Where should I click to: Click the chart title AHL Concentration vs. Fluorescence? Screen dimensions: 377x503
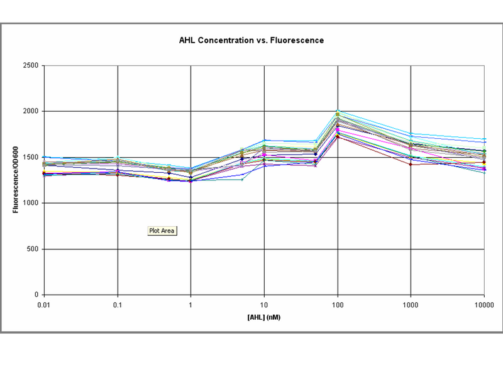tap(251, 40)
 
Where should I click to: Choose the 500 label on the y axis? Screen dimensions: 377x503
tap(33, 249)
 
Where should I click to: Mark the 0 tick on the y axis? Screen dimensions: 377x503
tap(36, 295)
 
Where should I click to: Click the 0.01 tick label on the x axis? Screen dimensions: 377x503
tap(44, 305)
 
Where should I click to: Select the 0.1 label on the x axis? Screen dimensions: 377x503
tap(118, 305)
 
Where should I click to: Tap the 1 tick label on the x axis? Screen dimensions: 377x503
tap(191, 305)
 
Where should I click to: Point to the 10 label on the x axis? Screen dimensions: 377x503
tap(264, 305)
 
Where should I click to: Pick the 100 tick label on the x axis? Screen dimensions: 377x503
tap(338, 305)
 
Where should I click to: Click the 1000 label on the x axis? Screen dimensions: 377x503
tap(411, 305)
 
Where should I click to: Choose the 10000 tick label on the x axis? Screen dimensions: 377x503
tap(484, 305)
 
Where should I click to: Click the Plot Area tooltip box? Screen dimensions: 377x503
tap(162, 231)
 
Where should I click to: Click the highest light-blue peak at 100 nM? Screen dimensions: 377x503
tap(338, 111)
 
